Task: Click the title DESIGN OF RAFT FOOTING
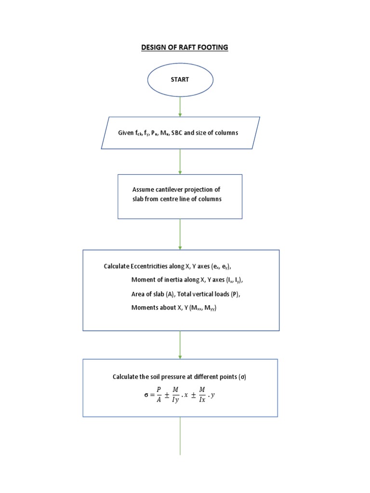tap(185, 47)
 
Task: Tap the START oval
tap(180, 79)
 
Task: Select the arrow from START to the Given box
tap(180, 106)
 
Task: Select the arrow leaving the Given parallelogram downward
tap(180, 161)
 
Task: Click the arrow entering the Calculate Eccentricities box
tap(180, 234)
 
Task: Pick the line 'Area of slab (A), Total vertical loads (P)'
tap(185, 294)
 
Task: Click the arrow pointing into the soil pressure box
tap(180, 344)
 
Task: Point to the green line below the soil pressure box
tap(180, 436)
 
